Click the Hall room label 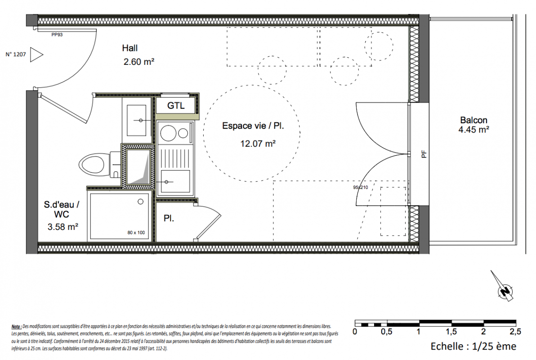130,48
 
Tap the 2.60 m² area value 139,62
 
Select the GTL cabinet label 176,106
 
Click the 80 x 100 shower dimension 136,233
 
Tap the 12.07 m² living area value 258,144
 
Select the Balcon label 474,120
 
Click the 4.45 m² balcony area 474,130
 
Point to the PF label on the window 424,155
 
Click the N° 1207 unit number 16,54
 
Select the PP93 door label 57,35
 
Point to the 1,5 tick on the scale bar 451,332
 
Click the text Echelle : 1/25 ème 473,346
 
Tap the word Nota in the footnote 16,327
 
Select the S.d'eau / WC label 62,209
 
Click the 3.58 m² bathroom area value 63,226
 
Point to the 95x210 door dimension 361,188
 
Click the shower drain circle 140,202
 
